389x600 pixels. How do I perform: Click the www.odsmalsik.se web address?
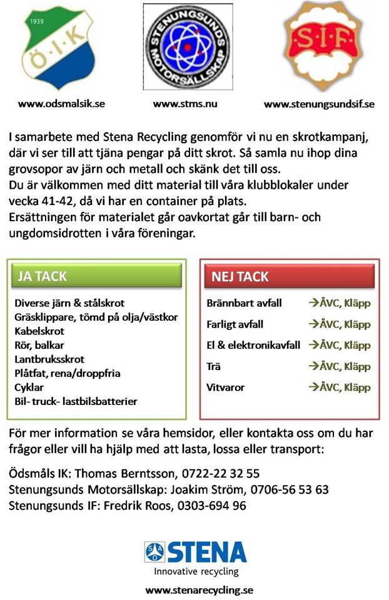coord(61,104)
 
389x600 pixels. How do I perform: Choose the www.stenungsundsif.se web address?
coord(319,104)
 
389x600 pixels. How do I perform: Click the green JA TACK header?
coord(97,276)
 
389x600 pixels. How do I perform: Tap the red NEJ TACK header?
coord(290,276)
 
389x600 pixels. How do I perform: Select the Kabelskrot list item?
coord(39,331)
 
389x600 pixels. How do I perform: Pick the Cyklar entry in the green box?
coord(29,387)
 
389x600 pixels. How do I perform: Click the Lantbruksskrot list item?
coord(49,359)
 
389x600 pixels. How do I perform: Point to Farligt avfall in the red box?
coord(235,324)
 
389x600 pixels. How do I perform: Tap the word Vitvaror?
coord(225,387)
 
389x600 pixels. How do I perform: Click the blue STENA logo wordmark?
coord(207,551)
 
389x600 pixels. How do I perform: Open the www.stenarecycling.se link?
coord(199,589)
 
